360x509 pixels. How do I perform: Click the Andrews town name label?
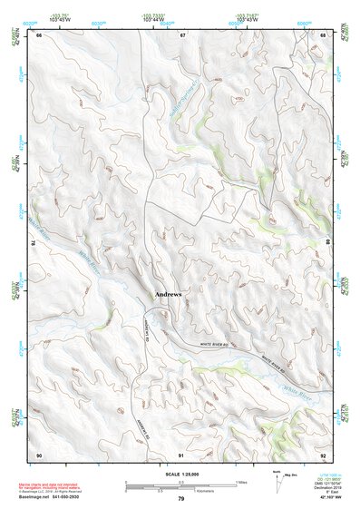169,295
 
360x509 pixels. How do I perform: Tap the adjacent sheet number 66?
39,34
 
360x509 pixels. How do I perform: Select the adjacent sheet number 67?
182,34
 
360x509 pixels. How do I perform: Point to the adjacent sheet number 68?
324,34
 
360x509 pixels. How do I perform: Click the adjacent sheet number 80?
328,243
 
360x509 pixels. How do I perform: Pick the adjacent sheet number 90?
39,454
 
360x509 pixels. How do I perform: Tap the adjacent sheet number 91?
181,454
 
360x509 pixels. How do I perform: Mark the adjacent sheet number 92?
324,454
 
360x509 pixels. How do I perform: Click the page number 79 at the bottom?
181,499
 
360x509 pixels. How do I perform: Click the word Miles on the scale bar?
240,481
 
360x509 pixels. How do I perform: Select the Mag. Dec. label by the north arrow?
293,475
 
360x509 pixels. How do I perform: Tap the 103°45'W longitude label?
62,21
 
